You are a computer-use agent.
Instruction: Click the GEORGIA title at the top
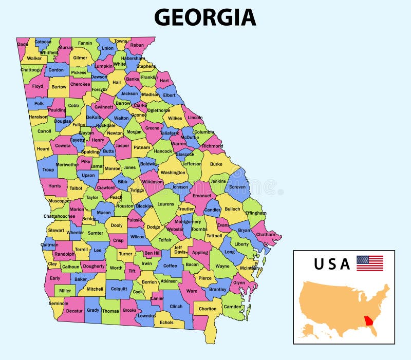click(205, 17)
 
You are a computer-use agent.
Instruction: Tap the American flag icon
click(370, 263)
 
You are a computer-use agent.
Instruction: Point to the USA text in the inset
click(332, 264)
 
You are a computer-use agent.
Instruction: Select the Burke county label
click(216, 164)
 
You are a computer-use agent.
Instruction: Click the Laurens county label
click(165, 204)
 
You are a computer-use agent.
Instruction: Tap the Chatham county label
click(266, 235)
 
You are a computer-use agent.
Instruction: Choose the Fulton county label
click(79, 124)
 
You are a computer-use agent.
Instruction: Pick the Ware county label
click(192, 291)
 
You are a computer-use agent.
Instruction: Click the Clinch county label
click(176, 307)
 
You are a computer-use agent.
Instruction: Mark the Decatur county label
click(74, 311)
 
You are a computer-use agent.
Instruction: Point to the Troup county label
click(48, 169)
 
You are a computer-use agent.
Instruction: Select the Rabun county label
click(137, 45)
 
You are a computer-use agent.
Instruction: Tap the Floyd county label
click(38, 86)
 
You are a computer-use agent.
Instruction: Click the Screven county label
click(237, 187)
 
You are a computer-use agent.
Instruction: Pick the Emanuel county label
click(201, 195)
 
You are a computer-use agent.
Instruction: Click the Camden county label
click(232, 307)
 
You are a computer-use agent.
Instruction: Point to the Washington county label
click(173, 173)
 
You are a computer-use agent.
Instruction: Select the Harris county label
click(54, 186)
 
